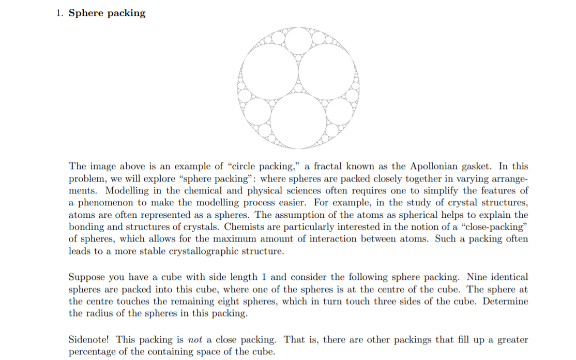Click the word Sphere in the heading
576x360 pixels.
[x=86, y=13]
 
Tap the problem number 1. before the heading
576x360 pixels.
[x=60, y=13]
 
